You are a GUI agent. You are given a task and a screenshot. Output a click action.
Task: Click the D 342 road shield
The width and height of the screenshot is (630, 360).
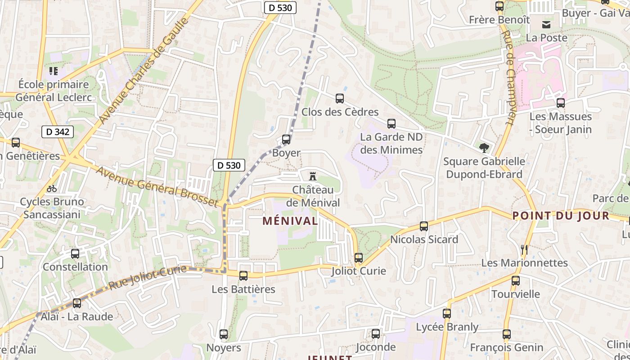point(58,132)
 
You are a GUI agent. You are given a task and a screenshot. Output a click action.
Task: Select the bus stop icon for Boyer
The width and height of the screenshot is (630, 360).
point(286,139)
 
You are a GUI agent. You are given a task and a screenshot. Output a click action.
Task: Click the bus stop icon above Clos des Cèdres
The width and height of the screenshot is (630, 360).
point(340,99)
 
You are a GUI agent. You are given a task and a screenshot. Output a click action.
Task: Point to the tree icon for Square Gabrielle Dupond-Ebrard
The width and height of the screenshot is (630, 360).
point(484,148)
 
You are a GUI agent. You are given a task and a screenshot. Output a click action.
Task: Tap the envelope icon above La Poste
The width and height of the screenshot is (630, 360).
point(547,24)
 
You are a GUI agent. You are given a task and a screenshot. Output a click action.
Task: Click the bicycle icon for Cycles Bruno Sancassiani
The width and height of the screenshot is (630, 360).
point(52,188)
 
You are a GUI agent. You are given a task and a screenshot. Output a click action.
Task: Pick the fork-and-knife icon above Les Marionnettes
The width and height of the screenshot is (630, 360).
point(524,249)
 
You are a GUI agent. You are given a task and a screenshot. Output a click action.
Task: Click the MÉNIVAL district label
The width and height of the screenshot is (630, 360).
point(290,221)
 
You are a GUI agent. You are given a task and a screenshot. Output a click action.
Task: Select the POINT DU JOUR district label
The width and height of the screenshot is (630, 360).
point(561,216)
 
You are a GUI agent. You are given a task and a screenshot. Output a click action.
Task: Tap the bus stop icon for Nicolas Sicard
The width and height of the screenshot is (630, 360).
point(424,226)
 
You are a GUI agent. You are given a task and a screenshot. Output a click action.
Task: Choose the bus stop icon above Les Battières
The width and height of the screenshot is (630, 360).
point(243,276)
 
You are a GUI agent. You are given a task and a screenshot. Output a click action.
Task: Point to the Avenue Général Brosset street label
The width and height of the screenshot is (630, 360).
point(157,186)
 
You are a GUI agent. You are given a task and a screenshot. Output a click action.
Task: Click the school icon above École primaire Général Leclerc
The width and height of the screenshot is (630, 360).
point(54,71)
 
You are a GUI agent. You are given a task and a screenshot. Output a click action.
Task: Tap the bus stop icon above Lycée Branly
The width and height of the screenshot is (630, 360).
point(447,314)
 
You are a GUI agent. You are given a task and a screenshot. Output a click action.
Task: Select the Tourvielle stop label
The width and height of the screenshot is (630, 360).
point(516,294)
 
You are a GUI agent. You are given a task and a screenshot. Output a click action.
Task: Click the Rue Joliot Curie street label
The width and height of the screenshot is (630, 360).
point(148,277)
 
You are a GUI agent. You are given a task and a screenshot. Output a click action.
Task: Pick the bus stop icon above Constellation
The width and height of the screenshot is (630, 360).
point(75,254)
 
